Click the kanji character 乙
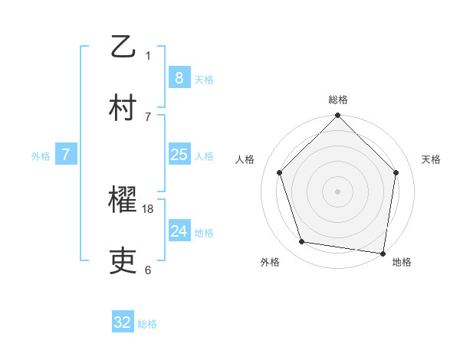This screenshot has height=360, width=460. point(123,47)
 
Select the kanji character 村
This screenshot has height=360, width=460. point(123,107)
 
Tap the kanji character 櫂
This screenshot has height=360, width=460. point(123,201)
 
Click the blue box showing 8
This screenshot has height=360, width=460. point(179,77)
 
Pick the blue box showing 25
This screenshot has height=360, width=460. point(179,155)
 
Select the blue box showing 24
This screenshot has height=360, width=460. point(179,231)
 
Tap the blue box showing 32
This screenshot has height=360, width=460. point(123,322)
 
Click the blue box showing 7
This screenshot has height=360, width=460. point(66,155)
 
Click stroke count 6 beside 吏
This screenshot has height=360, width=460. point(148,270)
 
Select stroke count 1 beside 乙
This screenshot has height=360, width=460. point(148,55)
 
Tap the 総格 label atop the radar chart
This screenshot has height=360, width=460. point(338,100)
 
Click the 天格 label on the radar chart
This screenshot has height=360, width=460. point(432,159)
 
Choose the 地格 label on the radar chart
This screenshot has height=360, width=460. point(402,262)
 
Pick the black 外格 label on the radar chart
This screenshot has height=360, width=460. point(270,262)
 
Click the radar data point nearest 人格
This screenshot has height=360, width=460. point(280,172)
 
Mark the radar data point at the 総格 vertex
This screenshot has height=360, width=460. point(338,116)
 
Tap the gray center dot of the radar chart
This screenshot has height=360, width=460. point(338,191)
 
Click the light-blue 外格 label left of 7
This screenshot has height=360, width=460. point(41,155)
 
